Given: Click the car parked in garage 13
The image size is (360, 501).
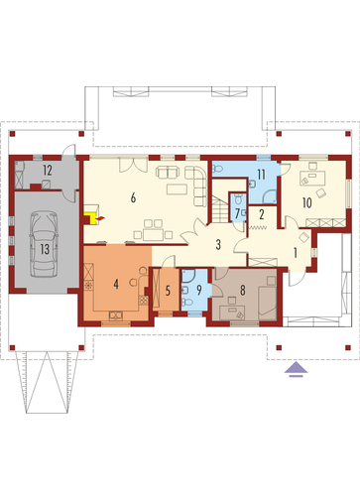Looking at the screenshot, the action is tap(44, 244).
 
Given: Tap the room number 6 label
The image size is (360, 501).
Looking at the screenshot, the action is tap(133, 197).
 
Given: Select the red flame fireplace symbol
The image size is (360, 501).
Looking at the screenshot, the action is tap(101, 218).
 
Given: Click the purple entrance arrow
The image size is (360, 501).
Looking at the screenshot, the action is tap(296, 369).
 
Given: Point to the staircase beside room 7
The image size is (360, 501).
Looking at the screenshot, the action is tap(220, 209).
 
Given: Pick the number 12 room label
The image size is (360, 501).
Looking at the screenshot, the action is tap(48, 171).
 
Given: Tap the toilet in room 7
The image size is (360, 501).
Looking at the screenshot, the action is tap(238, 198).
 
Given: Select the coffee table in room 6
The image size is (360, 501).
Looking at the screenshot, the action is tap(177, 188).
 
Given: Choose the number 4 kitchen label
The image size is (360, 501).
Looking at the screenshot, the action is tap(116, 284).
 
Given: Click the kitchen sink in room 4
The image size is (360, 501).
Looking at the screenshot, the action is tap(116, 315).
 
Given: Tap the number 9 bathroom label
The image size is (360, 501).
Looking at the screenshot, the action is tap(199, 290).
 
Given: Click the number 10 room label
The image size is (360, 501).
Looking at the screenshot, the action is tap(307, 202).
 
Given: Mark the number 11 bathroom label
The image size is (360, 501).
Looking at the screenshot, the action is tap(261, 175).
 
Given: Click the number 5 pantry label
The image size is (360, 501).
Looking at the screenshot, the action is tap(168, 291).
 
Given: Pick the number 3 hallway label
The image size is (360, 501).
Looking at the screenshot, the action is tap(218, 245).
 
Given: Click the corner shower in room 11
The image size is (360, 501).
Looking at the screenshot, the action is tap(270, 196).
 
